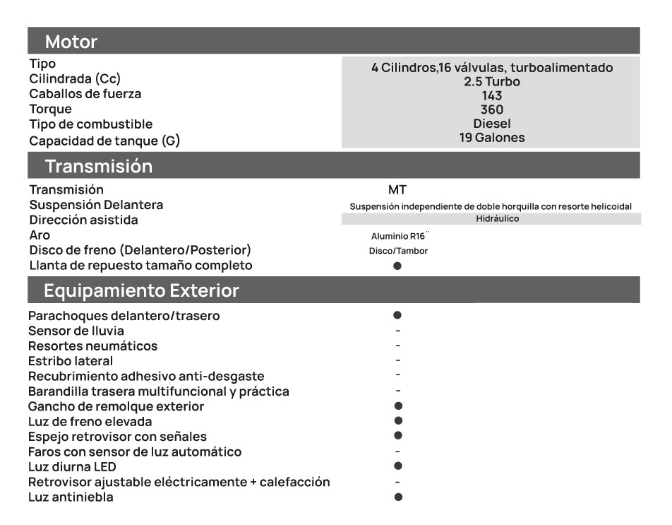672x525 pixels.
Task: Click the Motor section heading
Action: pos(71,42)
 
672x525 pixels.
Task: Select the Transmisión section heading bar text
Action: pos(98,167)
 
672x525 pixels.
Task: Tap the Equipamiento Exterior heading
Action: pos(141,291)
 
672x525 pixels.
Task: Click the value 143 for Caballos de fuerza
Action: pos(491,95)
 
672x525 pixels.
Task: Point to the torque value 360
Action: pos(491,110)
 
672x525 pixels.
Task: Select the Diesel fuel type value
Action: pos(491,124)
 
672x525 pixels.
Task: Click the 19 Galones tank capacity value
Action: pos(491,138)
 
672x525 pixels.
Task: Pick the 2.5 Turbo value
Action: pos(491,82)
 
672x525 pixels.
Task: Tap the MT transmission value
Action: pos(397,190)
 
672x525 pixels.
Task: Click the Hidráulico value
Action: pos(492,219)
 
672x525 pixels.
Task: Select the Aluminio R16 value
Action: pos(399,236)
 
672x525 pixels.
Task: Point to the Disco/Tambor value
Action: pos(398,251)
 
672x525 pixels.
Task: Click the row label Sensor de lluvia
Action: pos(76,331)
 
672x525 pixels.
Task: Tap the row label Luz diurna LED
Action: pos(72,467)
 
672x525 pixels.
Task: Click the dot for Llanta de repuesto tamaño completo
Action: pos(397,266)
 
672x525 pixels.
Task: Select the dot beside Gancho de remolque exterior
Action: pos(398,406)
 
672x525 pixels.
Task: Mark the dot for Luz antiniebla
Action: pos(398,497)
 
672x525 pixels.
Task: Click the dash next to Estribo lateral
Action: pos(398,360)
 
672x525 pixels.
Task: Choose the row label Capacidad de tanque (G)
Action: pos(104,141)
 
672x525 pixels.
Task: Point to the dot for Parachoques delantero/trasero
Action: pos(397,315)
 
